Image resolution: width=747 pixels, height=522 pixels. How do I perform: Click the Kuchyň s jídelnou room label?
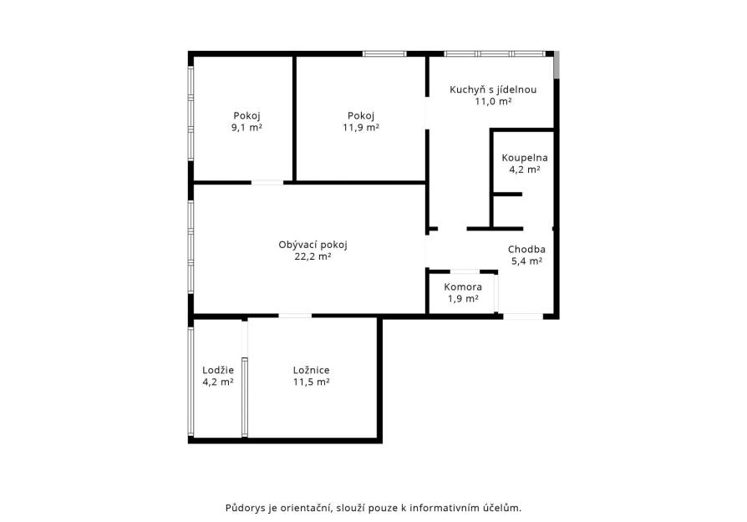pos(493,89)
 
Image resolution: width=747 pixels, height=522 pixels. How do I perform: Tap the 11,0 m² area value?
pos(493,101)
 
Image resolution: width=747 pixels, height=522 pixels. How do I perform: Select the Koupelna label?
pos(525,158)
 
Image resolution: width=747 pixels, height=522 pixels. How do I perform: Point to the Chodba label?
pos(526,249)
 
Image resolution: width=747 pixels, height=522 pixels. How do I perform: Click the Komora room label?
pos(463,286)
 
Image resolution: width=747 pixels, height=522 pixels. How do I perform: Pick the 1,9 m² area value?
pos(463,299)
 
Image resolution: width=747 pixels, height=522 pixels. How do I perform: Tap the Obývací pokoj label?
pos(313,245)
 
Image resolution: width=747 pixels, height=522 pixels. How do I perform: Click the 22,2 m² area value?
pos(313,256)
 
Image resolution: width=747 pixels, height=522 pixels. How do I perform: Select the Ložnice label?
pos(311,370)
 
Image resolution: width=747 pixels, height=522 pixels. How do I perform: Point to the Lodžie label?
pos(218,370)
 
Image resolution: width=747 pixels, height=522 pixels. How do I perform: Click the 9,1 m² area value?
pos(246,128)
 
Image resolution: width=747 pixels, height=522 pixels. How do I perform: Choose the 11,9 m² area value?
pos(361,128)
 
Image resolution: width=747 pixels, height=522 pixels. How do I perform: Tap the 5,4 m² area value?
pos(526,261)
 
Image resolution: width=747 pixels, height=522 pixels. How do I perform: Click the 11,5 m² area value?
pos(311,382)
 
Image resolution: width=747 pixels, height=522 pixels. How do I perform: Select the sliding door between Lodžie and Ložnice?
pos(244,398)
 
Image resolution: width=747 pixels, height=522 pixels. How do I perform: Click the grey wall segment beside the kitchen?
pos(556,65)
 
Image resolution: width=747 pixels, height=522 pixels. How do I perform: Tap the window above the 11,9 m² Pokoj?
pos(384,53)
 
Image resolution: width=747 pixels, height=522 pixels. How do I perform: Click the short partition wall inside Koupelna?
pos(507,195)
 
